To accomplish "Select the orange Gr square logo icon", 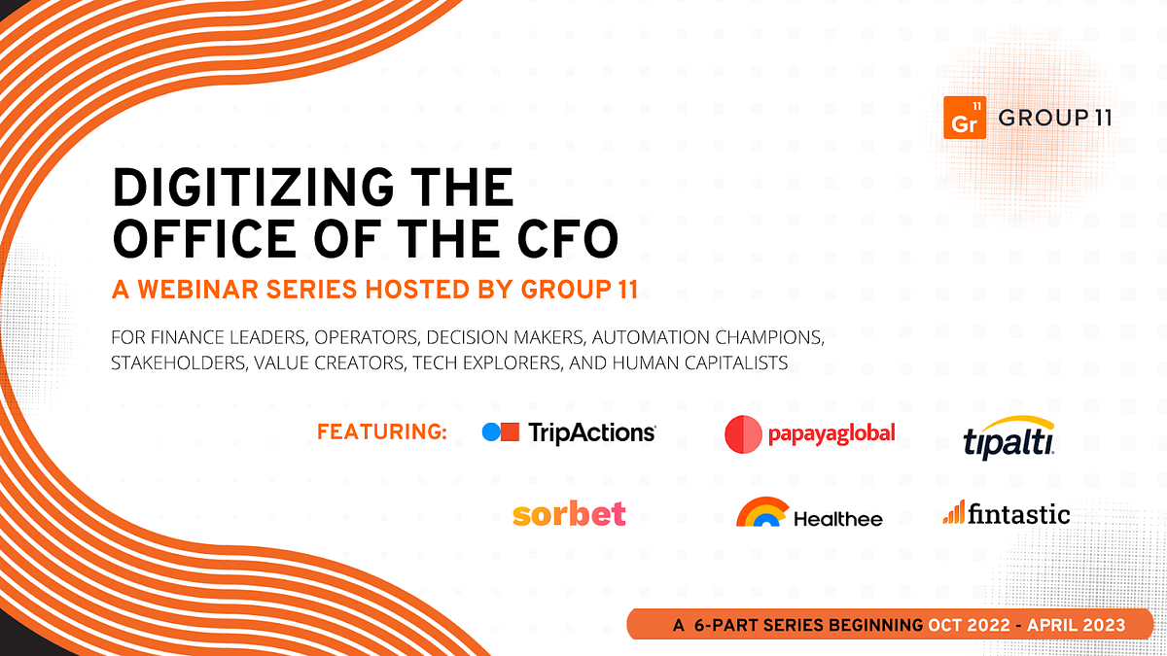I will click(x=965, y=119).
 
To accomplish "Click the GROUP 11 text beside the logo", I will click(x=1055, y=119).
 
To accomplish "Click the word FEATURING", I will click(x=382, y=432).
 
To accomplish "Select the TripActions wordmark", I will click(x=591, y=433).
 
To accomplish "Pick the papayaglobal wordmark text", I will click(x=832, y=433).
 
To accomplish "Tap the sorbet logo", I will click(x=569, y=513).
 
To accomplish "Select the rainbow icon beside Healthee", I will click(x=761, y=513).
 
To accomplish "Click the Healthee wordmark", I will click(x=837, y=518).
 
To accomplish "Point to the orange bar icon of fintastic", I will click(x=952, y=512).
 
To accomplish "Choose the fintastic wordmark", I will click(x=1018, y=513).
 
